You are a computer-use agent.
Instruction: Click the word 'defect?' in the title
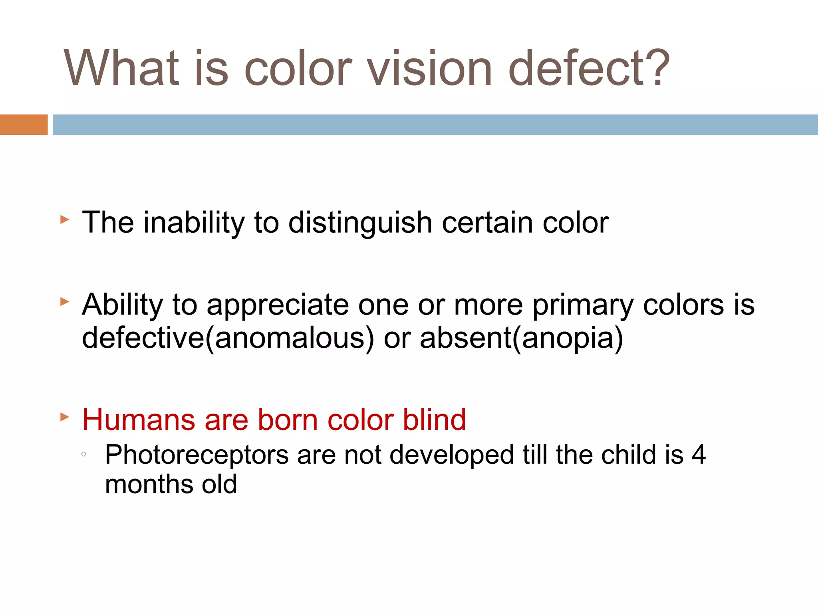pyautogui.click(x=589, y=68)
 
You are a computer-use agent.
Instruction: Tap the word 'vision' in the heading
pyautogui.click(x=429, y=68)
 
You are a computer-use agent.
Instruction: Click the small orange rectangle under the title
pyautogui.click(x=24, y=125)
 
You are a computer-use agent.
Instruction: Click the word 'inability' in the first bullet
pyautogui.click(x=194, y=222)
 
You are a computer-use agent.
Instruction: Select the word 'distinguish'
pyautogui.click(x=360, y=223)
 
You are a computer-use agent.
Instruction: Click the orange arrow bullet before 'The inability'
pyautogui.click(x=65, y=219)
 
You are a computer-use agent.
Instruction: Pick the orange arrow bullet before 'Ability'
pyautogui.click(x=65, y=302)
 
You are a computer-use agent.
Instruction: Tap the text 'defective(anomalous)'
pyautogui.click(x=228, y=338)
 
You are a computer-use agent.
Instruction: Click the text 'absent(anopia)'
pyautogui.click(x=521, y=338)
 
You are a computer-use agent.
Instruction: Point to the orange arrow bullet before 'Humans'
pyautogui.click(x=65, y=417)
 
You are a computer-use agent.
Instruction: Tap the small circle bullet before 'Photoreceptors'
pyautogui.click(x=83, y=454)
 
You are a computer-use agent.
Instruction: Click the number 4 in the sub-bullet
pyautogui.click(x=699, y=455)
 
